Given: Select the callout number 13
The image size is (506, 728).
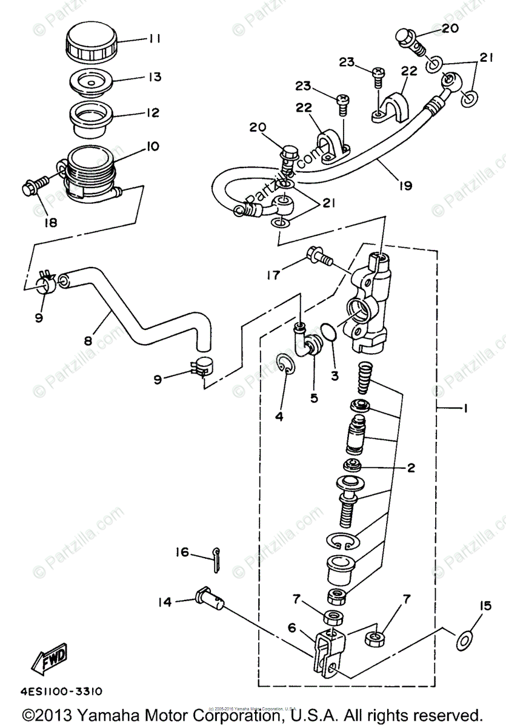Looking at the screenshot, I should click(155, 77).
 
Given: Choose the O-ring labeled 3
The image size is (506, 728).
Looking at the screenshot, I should click(328, 333).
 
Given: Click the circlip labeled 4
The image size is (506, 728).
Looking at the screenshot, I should click(287, 366).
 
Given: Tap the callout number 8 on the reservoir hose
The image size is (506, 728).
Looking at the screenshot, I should click(88, 342).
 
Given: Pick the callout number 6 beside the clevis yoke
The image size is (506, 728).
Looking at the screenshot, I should click(291, 629).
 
